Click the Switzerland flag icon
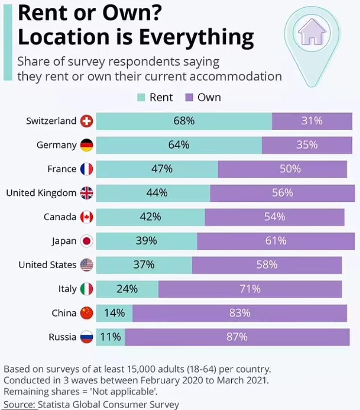(x=86, y=121)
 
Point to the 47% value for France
(x=162, y=169)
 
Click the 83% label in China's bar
(x=240, y=313)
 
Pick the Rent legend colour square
(x=141, y=98)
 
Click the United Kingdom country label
(x=41, y=193)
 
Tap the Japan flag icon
(x=86, y=241)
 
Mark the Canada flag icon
(x=86, y=217)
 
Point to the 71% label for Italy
(x=250, y=289)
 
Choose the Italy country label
(x=67, y=289)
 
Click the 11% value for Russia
(x=111, y=337)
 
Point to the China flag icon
(x=86, y=313)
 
